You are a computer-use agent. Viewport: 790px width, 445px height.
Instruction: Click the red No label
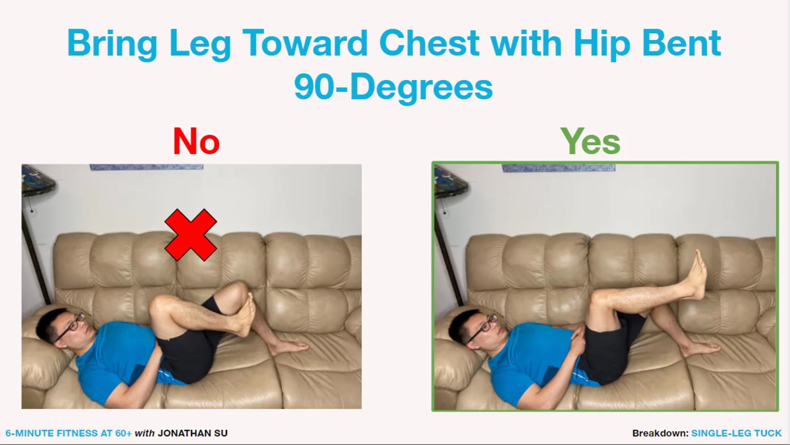196,141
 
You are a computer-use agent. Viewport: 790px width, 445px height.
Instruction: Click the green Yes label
590,141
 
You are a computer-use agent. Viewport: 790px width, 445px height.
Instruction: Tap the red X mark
191,235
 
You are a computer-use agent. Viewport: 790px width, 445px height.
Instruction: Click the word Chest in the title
429,43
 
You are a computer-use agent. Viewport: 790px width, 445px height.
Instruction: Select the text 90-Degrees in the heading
393,87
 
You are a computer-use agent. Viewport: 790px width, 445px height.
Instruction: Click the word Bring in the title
112,44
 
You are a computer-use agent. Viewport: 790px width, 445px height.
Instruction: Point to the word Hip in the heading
602,44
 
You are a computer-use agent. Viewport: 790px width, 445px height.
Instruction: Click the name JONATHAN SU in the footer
193,433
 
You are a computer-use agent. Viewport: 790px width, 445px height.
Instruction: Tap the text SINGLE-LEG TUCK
736,433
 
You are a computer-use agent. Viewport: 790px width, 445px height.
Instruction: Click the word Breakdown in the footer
660,433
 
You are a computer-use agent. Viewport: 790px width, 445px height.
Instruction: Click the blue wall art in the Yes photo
558,168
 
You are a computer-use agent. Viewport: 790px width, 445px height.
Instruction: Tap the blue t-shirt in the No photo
111,354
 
